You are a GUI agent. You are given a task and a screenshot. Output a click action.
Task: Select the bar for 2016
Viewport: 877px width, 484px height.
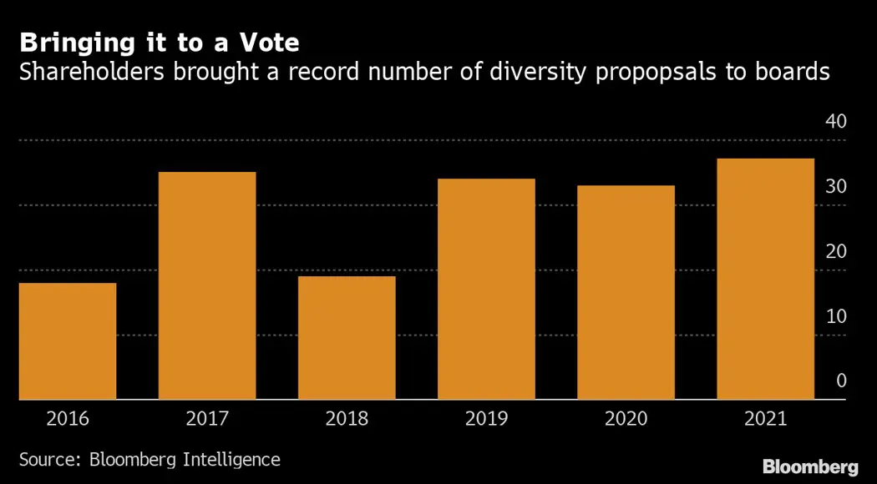point(68,341)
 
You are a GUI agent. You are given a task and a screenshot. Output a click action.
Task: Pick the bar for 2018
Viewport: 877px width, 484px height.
point(347,338)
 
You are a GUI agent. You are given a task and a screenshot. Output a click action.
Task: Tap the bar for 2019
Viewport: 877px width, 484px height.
point(486,290)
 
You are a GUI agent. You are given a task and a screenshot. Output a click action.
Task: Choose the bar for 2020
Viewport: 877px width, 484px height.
point(626,293)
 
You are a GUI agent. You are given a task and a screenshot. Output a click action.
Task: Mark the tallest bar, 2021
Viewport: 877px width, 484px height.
point(765,280)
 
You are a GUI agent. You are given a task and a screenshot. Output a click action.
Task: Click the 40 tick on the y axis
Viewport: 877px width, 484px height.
point(835,122)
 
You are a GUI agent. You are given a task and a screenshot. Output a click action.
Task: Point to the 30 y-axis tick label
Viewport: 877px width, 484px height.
point(835,187)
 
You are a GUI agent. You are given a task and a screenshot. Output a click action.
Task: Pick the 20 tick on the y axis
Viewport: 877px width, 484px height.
point(835,252)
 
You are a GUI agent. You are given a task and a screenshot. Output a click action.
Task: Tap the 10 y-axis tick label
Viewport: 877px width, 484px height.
point(835,317)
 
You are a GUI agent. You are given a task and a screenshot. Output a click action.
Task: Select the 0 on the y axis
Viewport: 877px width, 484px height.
point(841,381)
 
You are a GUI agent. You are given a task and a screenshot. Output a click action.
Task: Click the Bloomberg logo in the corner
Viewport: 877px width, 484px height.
point(810,466)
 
